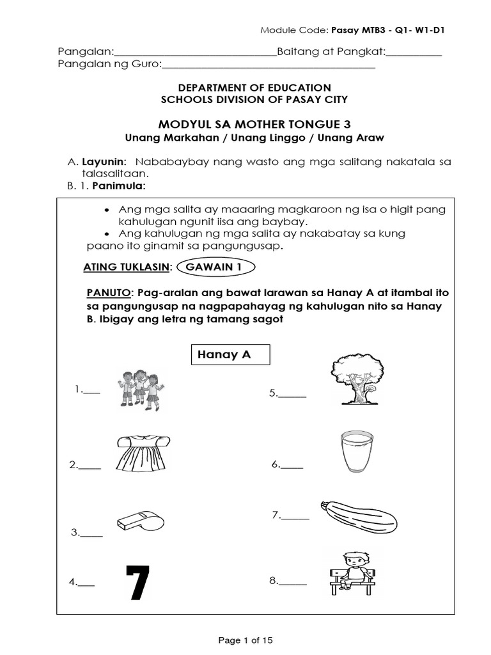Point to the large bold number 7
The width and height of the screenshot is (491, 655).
[138, 582]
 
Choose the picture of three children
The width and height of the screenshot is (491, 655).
[141, 388]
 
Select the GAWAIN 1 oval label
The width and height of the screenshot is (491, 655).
[217, 267]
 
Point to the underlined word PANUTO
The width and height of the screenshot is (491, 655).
[108, 292]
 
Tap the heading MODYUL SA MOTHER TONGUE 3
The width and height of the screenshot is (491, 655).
[245, 123]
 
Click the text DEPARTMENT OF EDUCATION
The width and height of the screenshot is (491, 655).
[245, 87]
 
